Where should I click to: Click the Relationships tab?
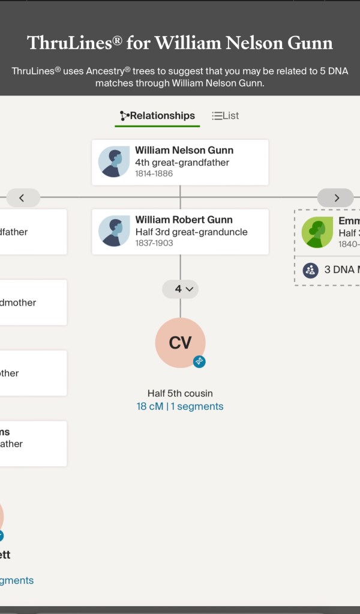click(157, 116)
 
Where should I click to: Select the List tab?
click(226, 116)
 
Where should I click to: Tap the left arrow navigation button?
click(23, 197)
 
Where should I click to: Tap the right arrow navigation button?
click(336, 197)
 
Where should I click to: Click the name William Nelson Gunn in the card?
click(184, 151)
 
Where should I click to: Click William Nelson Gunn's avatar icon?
click(114, 162)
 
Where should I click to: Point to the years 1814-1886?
click(154, 173)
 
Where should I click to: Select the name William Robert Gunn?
click(184, 220)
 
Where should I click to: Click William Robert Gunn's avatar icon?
click(114, 231)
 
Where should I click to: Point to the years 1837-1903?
click(154, 243)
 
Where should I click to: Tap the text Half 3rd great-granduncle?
click(191, 232)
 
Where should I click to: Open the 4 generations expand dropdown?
click(181, 289)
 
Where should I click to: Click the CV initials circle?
click(180, 342)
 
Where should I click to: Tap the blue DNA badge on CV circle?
click(199, 361)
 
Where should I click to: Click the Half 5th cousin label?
click(180, 394)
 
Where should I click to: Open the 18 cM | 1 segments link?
click(180, 406)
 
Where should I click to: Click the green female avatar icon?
click(317, 232)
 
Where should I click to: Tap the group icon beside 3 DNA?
click(310, 269)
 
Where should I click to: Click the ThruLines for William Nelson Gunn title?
click(180, 43)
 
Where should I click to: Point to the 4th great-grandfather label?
click(182, 163)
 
